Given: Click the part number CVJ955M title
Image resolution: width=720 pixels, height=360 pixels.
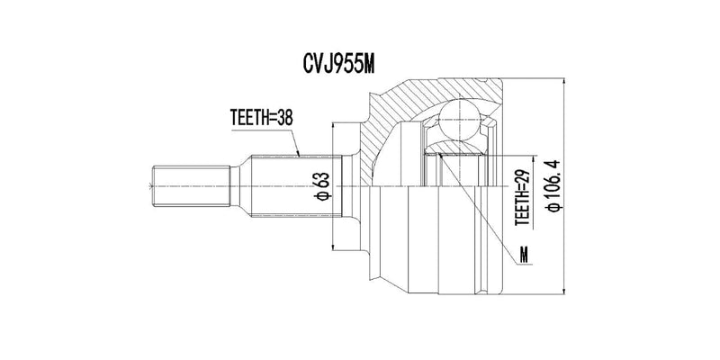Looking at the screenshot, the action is coord(339,64).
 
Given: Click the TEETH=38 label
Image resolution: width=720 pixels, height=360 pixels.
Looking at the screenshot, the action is coord(261,119).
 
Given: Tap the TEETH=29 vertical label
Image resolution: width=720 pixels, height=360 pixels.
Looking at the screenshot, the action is coord(522,196).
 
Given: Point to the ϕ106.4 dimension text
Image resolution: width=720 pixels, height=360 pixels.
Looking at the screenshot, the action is coord(553,185).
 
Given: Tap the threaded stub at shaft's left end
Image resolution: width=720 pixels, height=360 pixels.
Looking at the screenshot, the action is coord(191,186).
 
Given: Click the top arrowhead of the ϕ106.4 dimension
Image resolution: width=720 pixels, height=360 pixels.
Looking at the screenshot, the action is coord(563,83).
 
